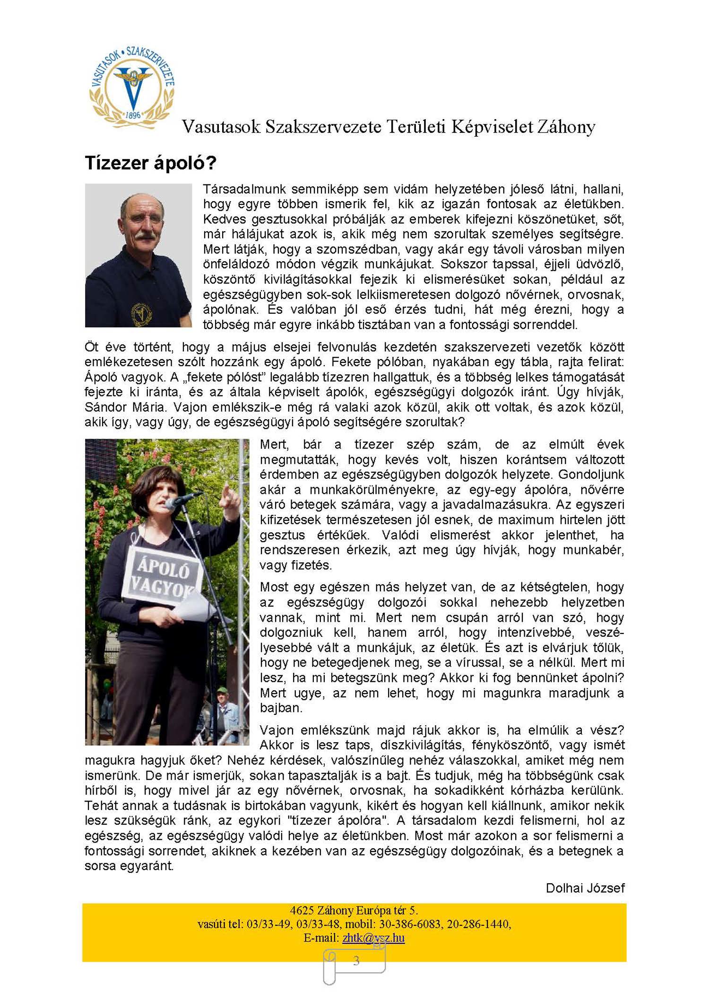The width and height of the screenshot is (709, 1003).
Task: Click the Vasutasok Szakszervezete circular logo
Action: click(x=132, y=87)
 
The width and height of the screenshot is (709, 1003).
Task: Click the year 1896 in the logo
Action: click(x=133, y=115)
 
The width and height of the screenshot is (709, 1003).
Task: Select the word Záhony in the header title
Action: click(x=565, y=127)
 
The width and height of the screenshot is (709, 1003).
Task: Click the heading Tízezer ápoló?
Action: click(x=150, y=163)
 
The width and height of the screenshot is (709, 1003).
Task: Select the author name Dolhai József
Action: click(x=585, y=888)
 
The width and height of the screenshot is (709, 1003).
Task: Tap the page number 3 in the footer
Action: click(x=356, y=960)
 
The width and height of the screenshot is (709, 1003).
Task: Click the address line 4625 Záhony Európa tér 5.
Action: click(x=354, y=910)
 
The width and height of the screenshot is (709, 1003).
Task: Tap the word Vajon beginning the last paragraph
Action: click(x=278, y=730)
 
